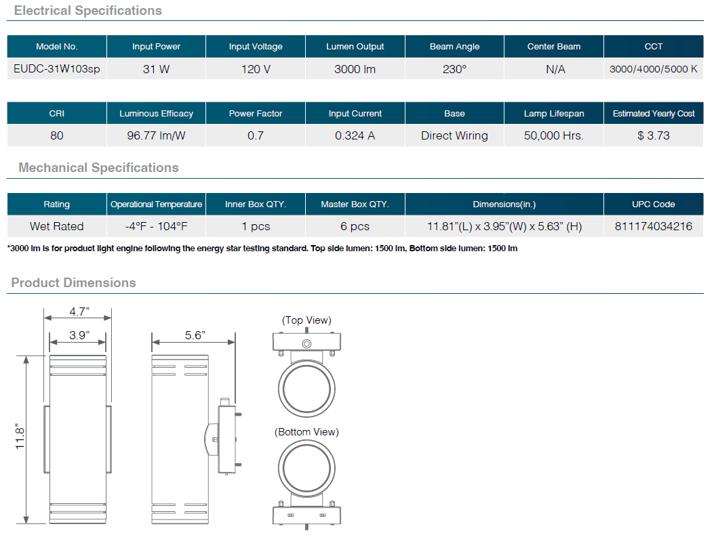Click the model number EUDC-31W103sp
[57, 69]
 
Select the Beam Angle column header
[454, 47]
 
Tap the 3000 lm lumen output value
[355, 69]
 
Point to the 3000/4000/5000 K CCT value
[654, 69]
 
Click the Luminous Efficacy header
[156, 114]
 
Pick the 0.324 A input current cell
[355, 136]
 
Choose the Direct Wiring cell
[454, 136]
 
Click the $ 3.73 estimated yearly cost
[654, 136]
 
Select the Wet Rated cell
[57, 227]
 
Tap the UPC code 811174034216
[654, 227]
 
